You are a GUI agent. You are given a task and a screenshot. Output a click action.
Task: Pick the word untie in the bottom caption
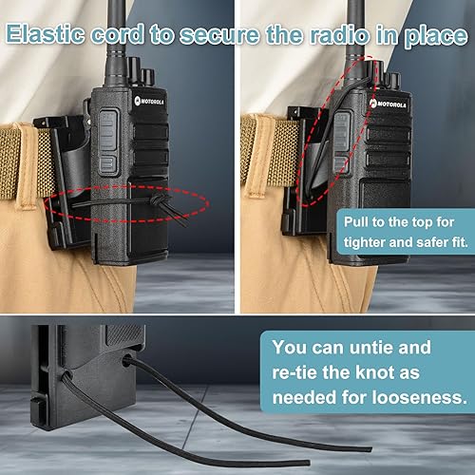396,347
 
